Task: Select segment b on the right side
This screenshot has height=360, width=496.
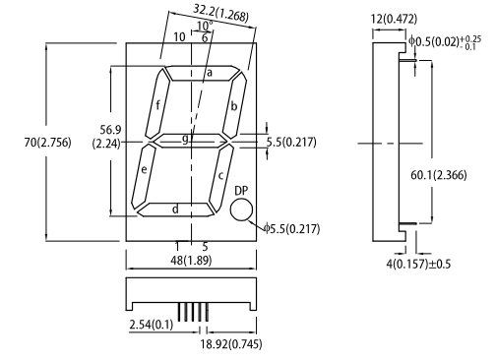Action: (x=234, y=105)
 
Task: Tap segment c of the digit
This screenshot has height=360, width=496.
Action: (x=221, y=179)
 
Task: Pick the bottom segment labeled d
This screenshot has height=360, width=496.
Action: (x=175, y=210)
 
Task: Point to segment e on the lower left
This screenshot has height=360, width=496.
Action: (x=144, y=176)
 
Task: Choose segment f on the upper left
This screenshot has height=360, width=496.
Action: (x=157, y=103)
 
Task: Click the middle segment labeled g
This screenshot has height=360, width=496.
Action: (x=190, y=141)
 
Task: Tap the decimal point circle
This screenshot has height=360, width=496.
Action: (x=241, y=210)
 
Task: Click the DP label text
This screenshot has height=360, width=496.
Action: (x=241, y=191)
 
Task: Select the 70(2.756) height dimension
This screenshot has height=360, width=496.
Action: (x=47, y=143)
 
